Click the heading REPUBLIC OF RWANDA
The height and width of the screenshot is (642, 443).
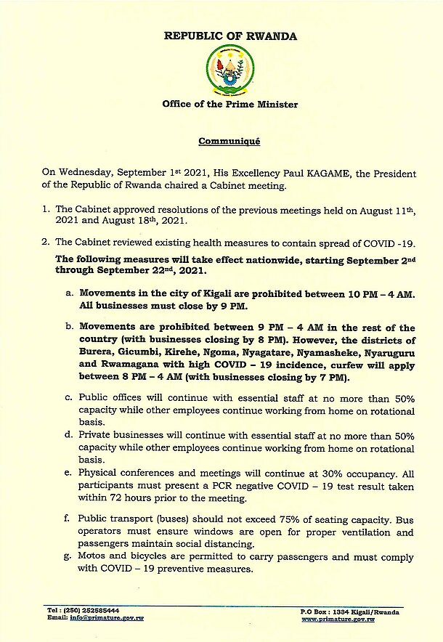coord(229,35)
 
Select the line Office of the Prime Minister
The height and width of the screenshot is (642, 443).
coord(229,105)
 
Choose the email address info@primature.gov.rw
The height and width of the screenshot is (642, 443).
coord(89,618)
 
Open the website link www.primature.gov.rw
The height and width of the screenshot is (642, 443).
coord(338,619)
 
